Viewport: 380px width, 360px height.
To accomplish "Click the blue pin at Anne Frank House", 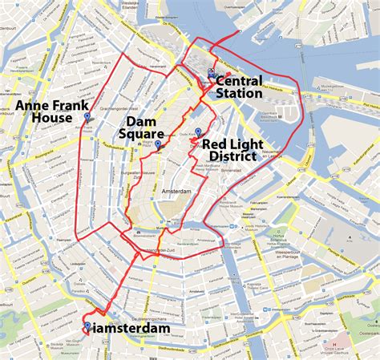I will [87, 119].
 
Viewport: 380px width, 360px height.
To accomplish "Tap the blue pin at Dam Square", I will [158, 145].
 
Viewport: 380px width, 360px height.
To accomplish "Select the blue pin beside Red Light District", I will [198, 132].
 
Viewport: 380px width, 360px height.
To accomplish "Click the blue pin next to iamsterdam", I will [87, 326].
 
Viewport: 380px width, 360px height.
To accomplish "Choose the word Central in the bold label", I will [239, 81].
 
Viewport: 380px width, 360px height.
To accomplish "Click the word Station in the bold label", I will [239, 94].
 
